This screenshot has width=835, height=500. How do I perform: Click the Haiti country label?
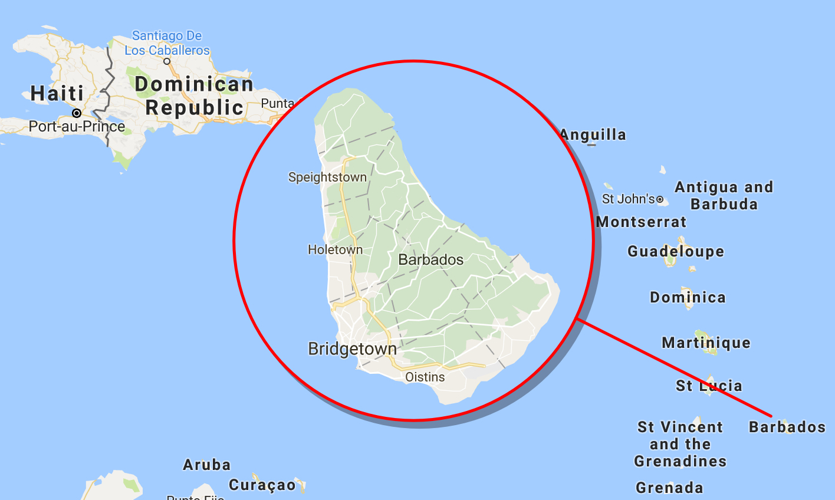pos(57,93)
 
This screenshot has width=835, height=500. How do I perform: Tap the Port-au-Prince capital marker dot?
pos(77,113)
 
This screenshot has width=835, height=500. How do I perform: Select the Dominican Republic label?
pos(194,96)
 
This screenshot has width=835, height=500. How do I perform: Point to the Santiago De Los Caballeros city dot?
pos(167,61)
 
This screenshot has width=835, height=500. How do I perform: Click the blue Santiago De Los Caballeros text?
pos(167,43)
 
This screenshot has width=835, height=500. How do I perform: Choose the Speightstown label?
pos(327,177)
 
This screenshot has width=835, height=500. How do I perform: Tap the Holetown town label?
pos(335,249)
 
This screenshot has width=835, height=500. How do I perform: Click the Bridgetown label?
pos(352,348)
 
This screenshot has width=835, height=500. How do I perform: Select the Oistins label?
pos(425,377)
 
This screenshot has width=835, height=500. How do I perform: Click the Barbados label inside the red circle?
pos(430,259)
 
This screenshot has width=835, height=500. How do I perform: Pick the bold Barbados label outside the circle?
pos(787,427)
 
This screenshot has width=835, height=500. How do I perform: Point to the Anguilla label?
pos(593,135)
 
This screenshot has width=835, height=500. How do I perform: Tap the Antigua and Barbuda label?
pos(724,196)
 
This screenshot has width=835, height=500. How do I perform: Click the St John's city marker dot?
pos(660,200)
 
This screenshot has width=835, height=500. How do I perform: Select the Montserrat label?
pos(641,222)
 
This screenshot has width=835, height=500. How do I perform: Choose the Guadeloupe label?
pos(675,252)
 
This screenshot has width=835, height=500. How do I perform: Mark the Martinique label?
pos(706,343)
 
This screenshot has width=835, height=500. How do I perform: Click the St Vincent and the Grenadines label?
pos(680,444)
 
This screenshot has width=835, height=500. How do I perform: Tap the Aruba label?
pos(206,465)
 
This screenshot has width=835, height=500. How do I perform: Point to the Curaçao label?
pos(262,485)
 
